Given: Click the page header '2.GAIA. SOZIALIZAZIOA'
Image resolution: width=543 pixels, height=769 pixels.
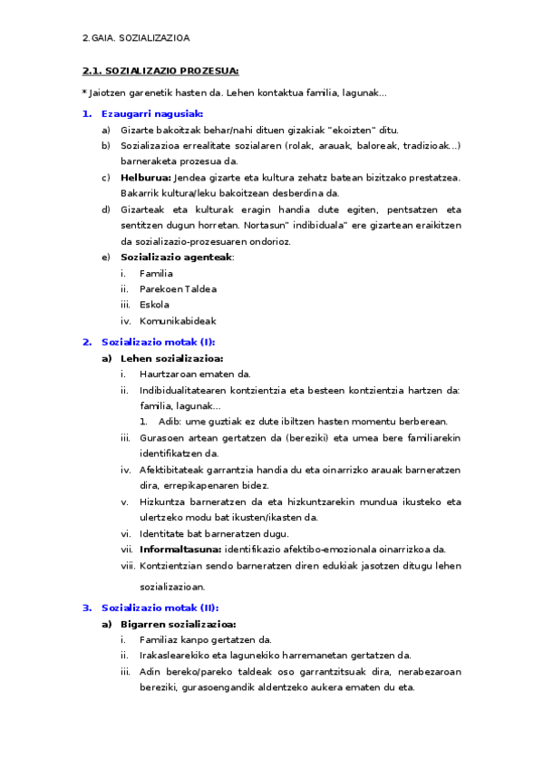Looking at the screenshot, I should [x=135, y=38].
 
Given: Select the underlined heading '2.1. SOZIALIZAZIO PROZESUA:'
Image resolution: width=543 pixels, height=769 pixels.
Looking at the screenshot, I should [x=160, y=71].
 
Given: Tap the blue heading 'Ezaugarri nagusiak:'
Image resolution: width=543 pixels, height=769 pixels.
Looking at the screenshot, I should [x=152, y=113].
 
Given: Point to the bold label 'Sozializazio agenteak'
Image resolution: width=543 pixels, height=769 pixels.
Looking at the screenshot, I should [x=176, y=257].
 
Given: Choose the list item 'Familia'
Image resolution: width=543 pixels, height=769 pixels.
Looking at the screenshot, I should [x=156, y=273].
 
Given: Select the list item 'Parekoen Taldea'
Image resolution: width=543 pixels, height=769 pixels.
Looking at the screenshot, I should [x=178, y=289].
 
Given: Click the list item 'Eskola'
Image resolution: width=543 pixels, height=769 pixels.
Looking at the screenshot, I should [x=154, y=305].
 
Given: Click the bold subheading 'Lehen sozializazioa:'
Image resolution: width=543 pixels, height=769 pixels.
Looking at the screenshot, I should [x=171, y=358].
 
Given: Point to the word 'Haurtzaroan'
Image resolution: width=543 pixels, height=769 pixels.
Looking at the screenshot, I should [x=167, y=375].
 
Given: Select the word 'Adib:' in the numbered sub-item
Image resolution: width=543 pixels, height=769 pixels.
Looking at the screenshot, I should [x=170, y=422].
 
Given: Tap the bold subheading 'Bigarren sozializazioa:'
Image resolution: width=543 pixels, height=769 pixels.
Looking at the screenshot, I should [x=178, y=624].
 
